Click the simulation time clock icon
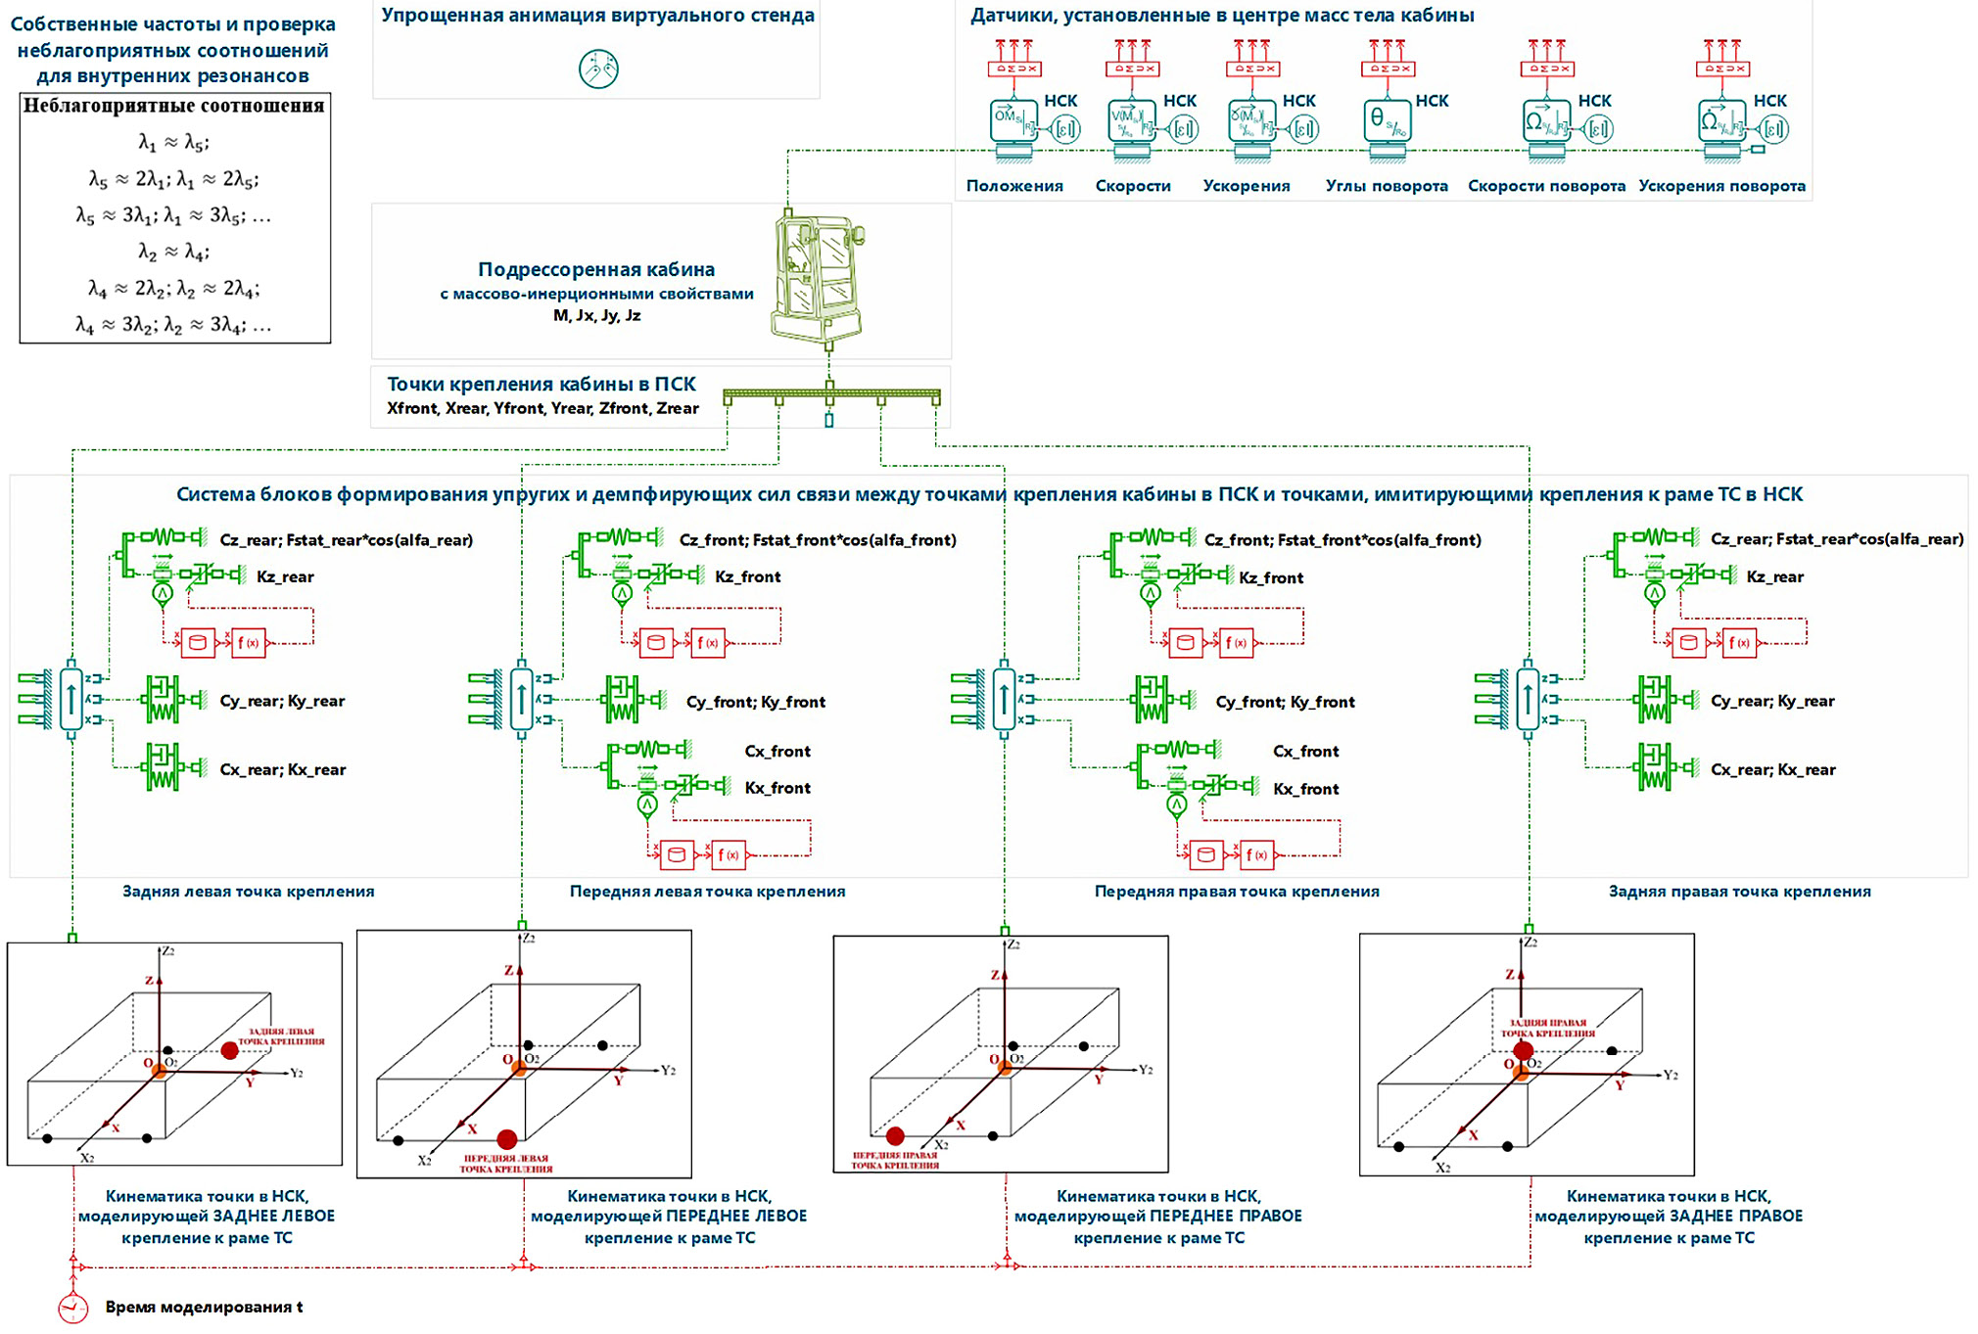coord(72,1308)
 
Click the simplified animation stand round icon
coord(598,69)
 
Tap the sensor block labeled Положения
coord(1013,122)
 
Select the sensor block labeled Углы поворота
coord(1387,122)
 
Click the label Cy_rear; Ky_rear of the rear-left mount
coord(282,701)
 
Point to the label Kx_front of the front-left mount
coord(777,788)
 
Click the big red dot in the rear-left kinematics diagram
coord(229,1050)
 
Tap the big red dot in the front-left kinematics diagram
coord(506,1139)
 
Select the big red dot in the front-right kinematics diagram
coord(895,1136)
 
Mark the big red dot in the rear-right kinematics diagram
coord(1523,1051)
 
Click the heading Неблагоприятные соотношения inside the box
coord(174,106)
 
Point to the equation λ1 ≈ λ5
coord(174,143)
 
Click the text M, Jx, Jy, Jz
coord(596,315)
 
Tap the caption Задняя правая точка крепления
coord(1739,892)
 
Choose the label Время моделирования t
coord(204,1308)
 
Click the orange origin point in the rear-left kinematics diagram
coord(159,1071)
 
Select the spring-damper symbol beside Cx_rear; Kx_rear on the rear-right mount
coord(1653,767)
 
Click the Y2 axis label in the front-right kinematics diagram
coord(1145,1070)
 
